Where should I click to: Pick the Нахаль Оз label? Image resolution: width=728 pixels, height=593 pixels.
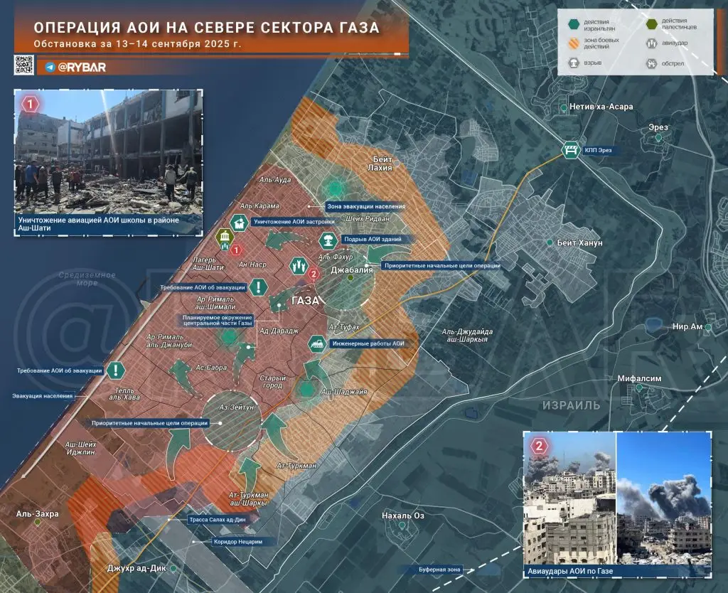coord(403,515)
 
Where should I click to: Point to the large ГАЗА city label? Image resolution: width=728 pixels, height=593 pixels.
coord(306,301)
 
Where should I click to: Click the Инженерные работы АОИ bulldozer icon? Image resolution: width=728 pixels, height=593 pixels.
coord(316,344)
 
